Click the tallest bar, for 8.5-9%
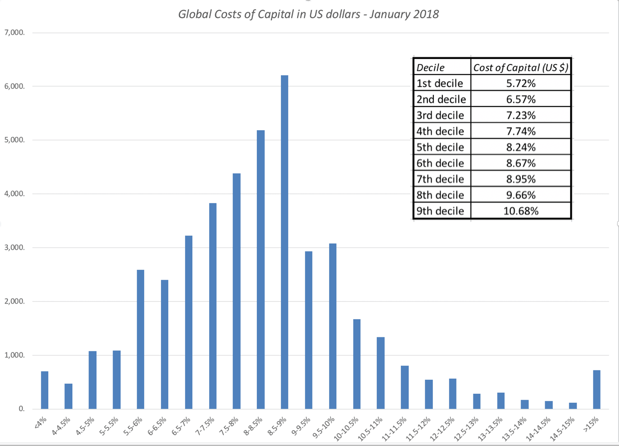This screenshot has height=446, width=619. [x=284, y=242]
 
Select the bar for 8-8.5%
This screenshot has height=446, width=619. [x=260, y=270]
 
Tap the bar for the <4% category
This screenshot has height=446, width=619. [x=44, y=390]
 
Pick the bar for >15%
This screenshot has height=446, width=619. [x=597, y=390]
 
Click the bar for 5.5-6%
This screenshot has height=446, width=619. [x=140, y=339]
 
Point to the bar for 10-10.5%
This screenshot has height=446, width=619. [x=357, y=364]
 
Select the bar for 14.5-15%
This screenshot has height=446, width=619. [x=573, y=406]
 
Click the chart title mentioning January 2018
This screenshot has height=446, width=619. [x=308, y=14]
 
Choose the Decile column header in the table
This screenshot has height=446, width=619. [x=431, y=67]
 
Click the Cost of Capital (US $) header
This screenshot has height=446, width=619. [x=521, y=67]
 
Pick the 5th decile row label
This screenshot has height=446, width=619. [x=441, y=147]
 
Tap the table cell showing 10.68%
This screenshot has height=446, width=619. [x=521, y=211]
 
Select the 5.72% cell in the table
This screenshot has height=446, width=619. [x=521, y=83]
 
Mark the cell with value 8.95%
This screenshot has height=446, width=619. [x=521, y=179]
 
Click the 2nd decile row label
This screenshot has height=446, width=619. [x=441, y=99]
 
